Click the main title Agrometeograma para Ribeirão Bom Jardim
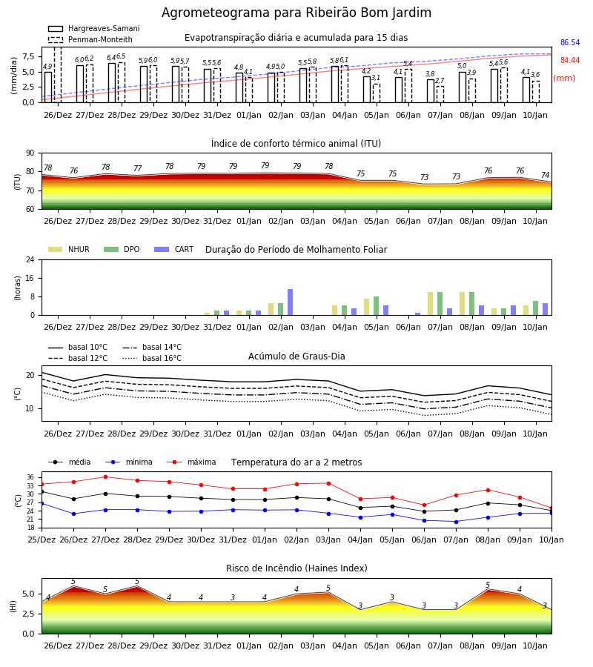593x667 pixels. click(296, 13)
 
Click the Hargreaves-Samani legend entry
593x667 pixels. click(94, 28)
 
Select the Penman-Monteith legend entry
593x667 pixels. click(90, 39)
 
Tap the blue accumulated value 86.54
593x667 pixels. click(570, 42)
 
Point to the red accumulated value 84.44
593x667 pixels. click(570, 61)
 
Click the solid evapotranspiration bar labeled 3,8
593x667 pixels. click(431, 90)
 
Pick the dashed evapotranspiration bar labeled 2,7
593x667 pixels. click(440, 94)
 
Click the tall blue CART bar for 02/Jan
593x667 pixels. click(290, 302)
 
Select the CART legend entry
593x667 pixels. click(174, 249)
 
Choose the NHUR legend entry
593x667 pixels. click(69, 249)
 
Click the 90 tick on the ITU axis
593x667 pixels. click(30, 153)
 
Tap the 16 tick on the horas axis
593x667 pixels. click(30, 278)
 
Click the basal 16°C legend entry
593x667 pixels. click(152, 358)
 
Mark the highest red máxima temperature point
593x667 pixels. click(105, 477)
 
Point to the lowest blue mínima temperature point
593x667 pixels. click(457, 522)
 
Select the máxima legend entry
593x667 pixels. click(192, 462)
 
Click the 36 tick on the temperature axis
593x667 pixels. click(30, 477)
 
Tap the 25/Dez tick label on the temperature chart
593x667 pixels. click(42, 540)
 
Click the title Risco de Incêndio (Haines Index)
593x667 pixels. click(296, 568)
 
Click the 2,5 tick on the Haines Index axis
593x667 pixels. click(29, 614)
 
